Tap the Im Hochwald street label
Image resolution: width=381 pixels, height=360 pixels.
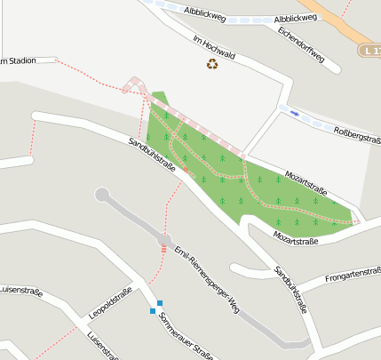point(212,44)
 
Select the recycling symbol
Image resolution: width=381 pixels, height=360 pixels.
point(212,64)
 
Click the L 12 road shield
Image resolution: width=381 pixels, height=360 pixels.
point(370,52)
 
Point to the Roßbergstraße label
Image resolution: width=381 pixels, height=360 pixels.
point(356,133)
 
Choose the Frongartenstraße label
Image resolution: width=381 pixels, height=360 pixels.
point(352,276)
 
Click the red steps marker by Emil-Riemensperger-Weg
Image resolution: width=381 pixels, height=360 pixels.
point(163,250)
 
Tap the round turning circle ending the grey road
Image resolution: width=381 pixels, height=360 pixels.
point(102,195)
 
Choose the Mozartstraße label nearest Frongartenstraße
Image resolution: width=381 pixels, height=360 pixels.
point(296,238)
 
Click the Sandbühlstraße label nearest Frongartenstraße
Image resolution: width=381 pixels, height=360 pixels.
point(290,291)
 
